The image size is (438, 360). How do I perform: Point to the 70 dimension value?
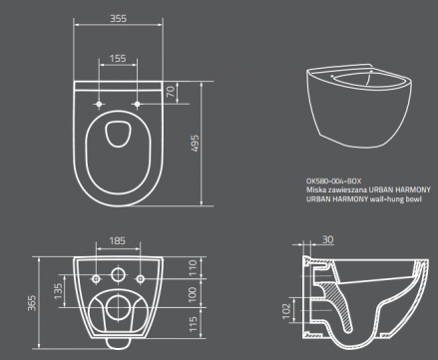171,91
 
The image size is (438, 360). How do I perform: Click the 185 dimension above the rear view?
118,241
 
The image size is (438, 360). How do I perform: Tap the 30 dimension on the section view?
327,239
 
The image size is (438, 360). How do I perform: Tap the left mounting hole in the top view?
101,102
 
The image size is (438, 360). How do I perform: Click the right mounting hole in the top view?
137,102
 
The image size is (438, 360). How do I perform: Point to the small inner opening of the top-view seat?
119,133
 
